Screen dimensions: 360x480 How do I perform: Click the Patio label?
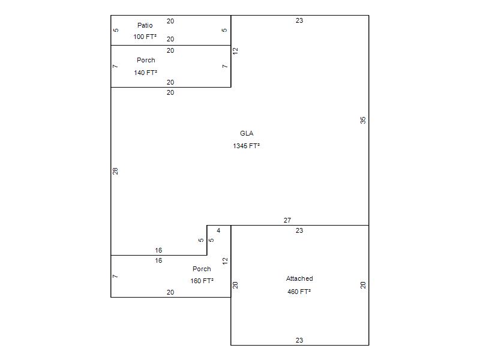pyautogui.click(x=145, y=25)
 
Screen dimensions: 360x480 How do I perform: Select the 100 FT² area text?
pyautogui.click(x=145, y=37)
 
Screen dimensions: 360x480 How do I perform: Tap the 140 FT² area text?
pyautogui.click(x=146, y=73)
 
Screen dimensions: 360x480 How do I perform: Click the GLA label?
pyautogui.click(x=247, y=133)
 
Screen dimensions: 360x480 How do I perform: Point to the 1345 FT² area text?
pyautogui.click(x=247, y=146)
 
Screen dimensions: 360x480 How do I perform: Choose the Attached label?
pyautogui.click(x=299, y=278)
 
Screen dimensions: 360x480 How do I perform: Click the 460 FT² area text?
pyautogui.click(x=299, y=292)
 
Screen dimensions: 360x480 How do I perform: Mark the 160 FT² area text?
pyautogui.click(x=202, y=281)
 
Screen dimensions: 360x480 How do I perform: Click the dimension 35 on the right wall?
pyautogui.click(x=363, y=120)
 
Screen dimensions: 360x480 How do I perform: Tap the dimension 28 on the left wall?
pyautogui.click(x=115, y=171)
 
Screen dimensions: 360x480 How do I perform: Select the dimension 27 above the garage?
pyautogui.click(x=287, y=220)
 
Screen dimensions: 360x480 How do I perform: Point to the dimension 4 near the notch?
pyautogui.click(x=218, y=230)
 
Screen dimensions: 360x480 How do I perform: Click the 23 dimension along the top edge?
pyautogui.click(x=299, y=20)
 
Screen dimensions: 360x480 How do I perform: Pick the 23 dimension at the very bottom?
pyautogui.click(x=299, y=340)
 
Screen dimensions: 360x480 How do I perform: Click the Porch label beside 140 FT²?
pyautogui.click(x=146, y=60)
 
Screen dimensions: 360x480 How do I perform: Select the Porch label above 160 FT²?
pyautogui.click(x=202, y=269)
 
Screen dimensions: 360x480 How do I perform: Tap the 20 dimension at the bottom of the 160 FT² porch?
pyautogui.click(x=170, y=292)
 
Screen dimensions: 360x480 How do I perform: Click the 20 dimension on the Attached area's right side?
pyautogui.click(x=363, y=285)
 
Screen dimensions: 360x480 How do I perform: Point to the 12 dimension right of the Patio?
pyautogui.click(x=236, y=51)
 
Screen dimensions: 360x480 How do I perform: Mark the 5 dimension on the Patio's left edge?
pyautogui.click(x=116, y=30)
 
